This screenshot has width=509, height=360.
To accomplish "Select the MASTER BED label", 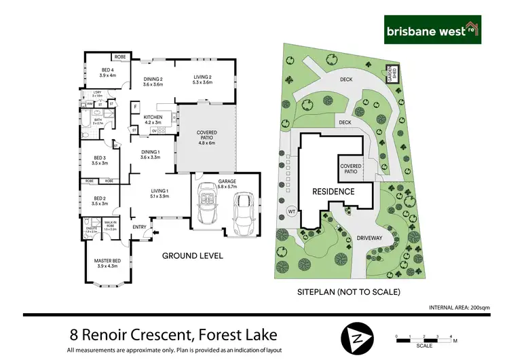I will pos(108,264).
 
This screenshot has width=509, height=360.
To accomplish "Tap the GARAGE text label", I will pos(226,181).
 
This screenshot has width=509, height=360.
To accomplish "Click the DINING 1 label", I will pos(149,154).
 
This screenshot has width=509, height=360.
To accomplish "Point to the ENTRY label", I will pos(139,227).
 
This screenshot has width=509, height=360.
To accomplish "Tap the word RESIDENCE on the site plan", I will pos(333,192).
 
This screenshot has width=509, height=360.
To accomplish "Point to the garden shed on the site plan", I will pos(391,73).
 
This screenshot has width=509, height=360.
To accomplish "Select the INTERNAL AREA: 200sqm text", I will pos(459,308).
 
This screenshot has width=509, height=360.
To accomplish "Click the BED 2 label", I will pos(99,200).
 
